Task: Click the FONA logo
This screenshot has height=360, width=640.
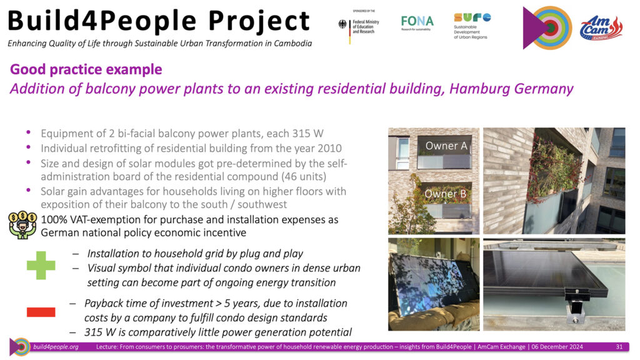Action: pyautogui.click(x=417, y=22)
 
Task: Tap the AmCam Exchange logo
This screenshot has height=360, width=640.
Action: pyautogui.click(x=601, y=27)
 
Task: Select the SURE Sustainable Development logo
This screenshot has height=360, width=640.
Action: pyautogui.click(x=472, y=26)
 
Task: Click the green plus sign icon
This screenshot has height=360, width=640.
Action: pyautogui.click(x=41, y=265)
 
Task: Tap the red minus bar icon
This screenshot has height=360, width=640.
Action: pyautogui.click(x=41, y=312)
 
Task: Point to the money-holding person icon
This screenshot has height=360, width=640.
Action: pyautogui.click(x=22, y=225)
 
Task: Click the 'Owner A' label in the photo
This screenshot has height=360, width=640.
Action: pyautogui.click(x=446, y=146)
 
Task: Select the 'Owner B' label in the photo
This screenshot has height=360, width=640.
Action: pyautogui.click(x=445, y=194)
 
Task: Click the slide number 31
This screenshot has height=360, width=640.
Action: pyautogui.click(x=619, y=347)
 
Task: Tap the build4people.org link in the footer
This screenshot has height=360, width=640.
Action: pyautogui.click(x=56, y=347)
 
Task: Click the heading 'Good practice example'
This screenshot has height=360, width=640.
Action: pyautogui.click(x=86, y=69)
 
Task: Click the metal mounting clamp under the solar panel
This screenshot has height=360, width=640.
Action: pyautogui.click(x=576, y=304)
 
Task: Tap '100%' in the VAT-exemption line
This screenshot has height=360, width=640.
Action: pyautogui.click(x=54, y=219)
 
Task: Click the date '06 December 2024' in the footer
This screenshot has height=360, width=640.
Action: pyautogui.click(x=557, y=347)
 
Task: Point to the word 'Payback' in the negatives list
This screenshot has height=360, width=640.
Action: pyautogui.click(x=104, y=304)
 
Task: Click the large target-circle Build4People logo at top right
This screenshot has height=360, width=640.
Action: pyautogui.click(x=547, y=27)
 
